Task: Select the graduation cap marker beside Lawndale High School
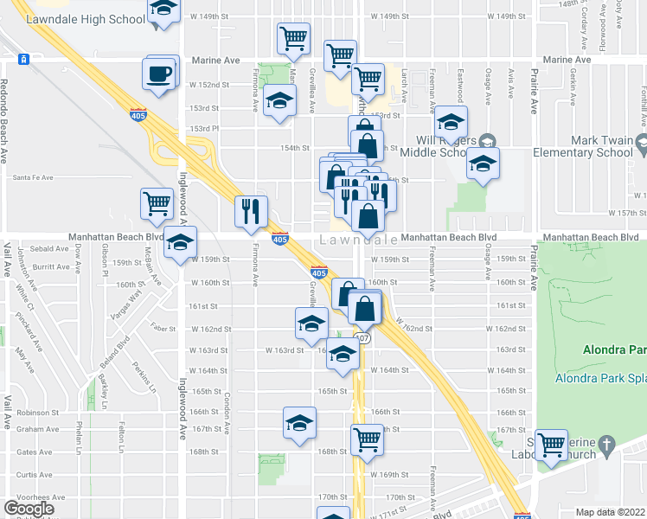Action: (x=162, y=11)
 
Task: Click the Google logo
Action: (x=29, y=509)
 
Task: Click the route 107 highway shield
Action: (x=363, y=338)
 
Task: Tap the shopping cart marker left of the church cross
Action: (x=551, y=446)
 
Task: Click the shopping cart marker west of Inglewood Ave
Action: (x=157, y=205)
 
